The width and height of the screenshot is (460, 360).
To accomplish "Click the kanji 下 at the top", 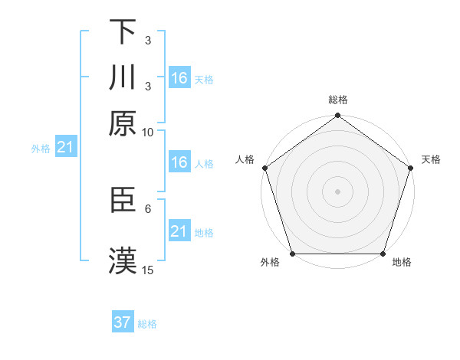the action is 123,31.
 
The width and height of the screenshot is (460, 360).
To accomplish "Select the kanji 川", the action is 123,77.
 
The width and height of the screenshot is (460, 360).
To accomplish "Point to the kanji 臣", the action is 123,200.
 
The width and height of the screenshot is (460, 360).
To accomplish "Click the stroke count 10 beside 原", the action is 148,132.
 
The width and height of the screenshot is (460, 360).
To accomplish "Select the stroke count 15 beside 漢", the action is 148,270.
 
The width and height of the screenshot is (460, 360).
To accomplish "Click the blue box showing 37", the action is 123,322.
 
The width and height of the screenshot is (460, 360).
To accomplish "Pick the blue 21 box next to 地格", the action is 179,232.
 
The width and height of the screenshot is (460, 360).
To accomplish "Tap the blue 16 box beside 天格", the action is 179,78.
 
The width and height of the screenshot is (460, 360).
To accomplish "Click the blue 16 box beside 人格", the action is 179,162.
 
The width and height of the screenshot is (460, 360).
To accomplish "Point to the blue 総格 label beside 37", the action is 147,324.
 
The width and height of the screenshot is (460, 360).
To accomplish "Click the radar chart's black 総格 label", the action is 337,100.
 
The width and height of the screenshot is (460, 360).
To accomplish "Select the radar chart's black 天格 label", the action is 431,159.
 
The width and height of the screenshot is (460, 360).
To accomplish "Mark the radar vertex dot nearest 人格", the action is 265,168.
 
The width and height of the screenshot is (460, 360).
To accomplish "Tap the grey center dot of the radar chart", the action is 337,191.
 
